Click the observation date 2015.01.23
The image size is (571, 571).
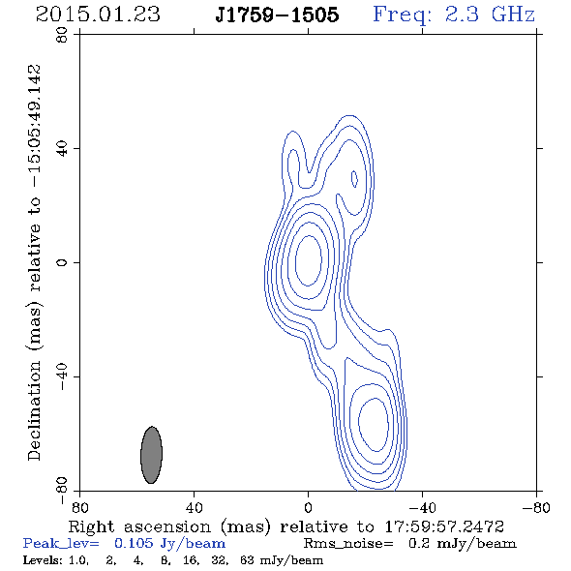pos(98,15)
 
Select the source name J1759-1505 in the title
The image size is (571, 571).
pos(277,15)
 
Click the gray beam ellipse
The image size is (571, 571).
pos(152,455)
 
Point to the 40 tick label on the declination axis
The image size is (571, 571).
pos(62,149)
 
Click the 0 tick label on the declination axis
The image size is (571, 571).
pos(62,262)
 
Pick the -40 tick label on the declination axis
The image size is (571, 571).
pos(62,376)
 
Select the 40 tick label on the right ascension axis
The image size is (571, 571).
pos(194,508)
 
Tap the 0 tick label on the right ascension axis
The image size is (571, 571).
pos(308,508)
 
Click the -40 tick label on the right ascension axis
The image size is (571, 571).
pos(422,508)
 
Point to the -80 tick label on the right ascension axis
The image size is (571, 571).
pos(536,508)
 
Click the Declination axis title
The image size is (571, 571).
pos(34,262)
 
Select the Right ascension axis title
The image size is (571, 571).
pos(285,526)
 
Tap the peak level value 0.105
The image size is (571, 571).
pos(134,543)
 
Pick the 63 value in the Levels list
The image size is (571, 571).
pos(247,559)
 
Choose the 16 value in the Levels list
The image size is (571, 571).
pos(191,559)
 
